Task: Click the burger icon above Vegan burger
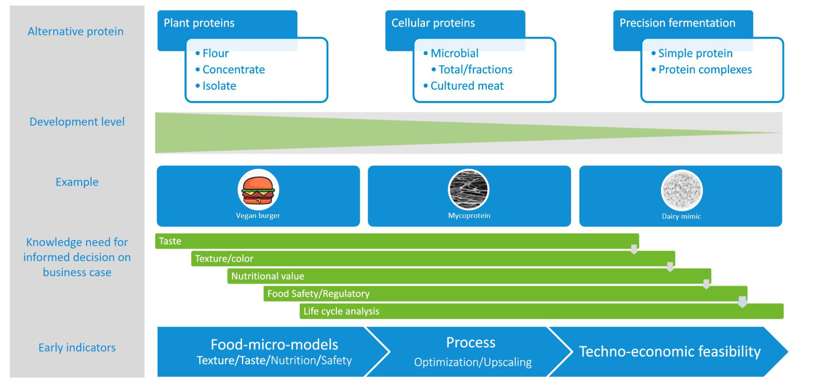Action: [x=258, y=190]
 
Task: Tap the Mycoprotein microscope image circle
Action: [x=468, y=190]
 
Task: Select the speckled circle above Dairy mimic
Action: [x=681, y=190]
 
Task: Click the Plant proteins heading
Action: [x=199, y=23]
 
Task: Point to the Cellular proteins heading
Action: [x=433, y=23]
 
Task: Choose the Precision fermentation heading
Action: [x=677, y=23]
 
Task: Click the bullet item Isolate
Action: [x=219, y=86]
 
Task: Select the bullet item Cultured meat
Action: [x=466, y=86]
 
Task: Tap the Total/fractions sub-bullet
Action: [x=475, y=70]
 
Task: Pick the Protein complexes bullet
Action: [x=705, y=70]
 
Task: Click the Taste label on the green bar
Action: [x=170, y=241]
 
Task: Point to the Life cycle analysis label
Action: [x=341, y=311]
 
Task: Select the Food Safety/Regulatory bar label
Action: [x=318, y=294]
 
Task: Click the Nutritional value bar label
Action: [x=267, y=276]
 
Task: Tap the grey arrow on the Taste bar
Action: [x=634, y=249]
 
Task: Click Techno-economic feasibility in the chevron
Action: [x=669, y=352]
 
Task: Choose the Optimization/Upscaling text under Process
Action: [x=472, y=362]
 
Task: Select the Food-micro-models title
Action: [x=274, y=345]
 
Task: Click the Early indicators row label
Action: [x=77, y=348]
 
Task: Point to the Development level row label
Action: [x=77, y=122]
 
